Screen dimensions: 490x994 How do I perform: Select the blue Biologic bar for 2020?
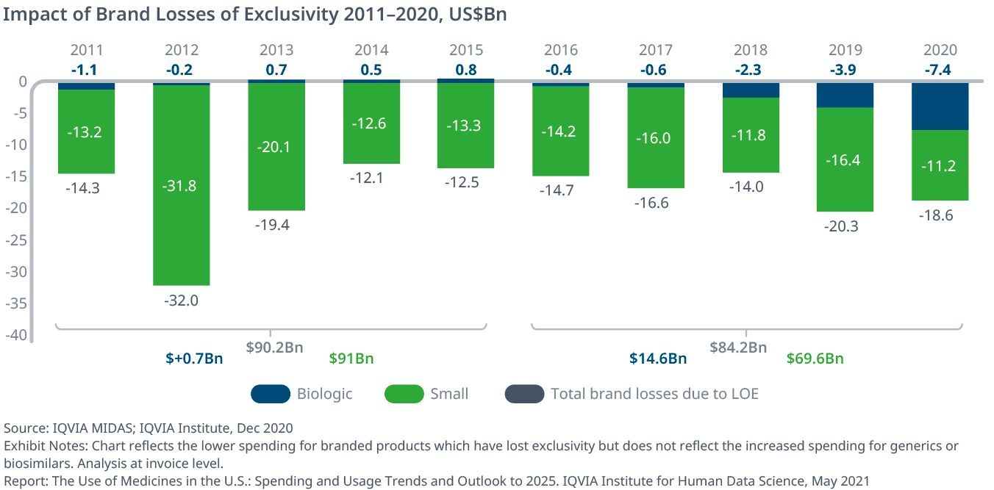coord(940,106)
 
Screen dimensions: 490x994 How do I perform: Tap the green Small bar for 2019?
coord(845,159)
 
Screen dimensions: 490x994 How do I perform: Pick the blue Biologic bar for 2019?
coord(845,95)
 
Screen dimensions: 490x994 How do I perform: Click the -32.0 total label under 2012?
coord(182,300)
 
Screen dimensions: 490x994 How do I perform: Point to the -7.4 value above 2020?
coord(940,70)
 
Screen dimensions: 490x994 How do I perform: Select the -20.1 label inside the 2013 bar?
coord(276,147)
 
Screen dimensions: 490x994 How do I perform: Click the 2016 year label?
coord(561,50)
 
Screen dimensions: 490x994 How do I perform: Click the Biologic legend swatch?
coord(270,394)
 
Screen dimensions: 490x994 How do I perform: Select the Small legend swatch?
coord(404,394)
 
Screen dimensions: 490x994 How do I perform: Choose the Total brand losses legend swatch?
coord(524,394)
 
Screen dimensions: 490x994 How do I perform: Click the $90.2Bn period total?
coord(273,347)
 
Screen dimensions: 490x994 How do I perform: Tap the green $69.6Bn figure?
coord(815,359)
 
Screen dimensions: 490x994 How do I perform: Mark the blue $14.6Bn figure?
coord(658,359)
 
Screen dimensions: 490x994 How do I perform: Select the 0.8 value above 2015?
coord(466,70)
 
